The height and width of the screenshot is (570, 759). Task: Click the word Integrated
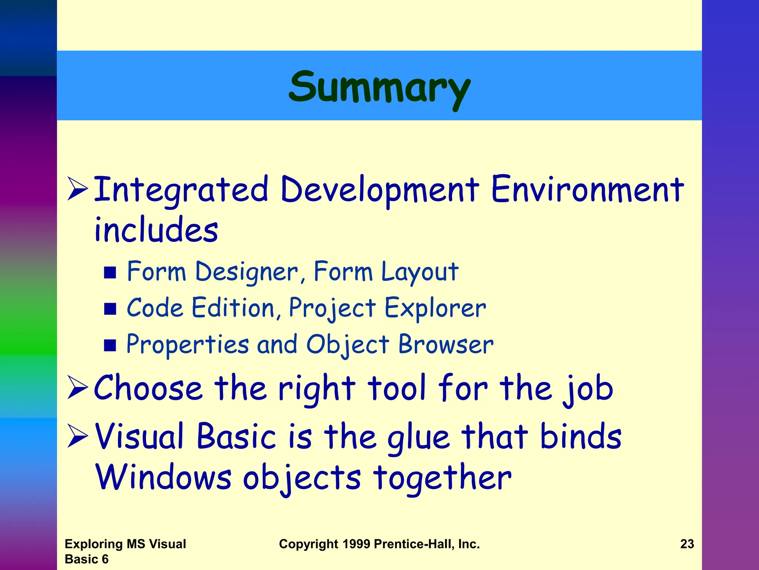pos(181,190)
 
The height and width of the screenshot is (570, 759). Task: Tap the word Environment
pos(587,190)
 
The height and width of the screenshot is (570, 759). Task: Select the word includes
pos(156,230)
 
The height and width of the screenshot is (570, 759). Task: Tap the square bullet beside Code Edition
pos(110,309)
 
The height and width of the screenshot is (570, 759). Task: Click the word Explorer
pos(435,308)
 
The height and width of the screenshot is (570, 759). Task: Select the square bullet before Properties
pos(110,345)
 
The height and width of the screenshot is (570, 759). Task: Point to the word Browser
pos(446,344)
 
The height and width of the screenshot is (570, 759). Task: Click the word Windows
pos(163,478)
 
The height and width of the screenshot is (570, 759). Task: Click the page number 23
pos(687,544)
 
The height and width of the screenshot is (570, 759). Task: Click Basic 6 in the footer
pos(86,559)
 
